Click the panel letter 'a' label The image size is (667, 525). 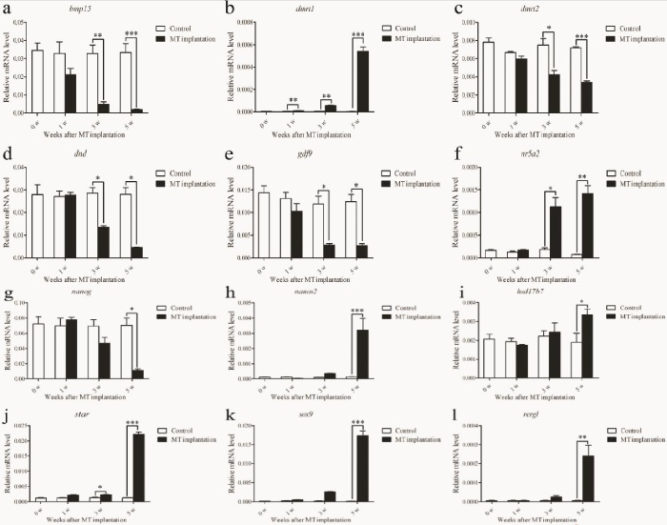pyautogui.click(x=7, y=10)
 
